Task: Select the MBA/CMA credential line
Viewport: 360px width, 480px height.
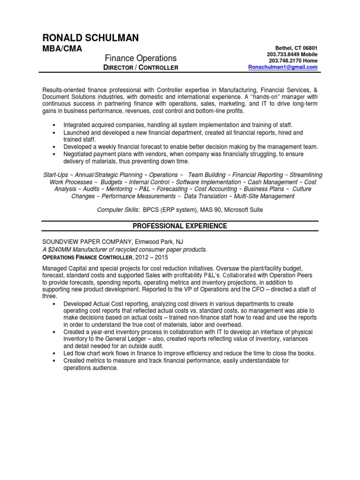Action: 62,48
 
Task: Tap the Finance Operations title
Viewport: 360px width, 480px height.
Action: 140,58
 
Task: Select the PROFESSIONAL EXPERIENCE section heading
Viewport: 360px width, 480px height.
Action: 180,226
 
